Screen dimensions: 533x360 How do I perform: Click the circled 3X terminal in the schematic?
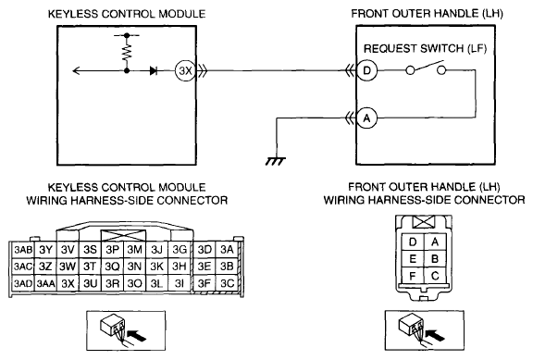(185, 70)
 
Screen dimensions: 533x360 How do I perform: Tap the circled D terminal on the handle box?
(366, 70)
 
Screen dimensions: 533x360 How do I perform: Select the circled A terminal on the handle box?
(366, 118)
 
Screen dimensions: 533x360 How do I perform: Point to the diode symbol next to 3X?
(154, 70)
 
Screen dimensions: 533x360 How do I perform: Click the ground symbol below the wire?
(276, 161)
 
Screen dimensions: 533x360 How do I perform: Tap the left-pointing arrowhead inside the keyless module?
(76, 70)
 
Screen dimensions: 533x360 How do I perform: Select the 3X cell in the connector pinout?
(68, 283)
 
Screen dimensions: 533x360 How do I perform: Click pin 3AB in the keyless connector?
(23, 250)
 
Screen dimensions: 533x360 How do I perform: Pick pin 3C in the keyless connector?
(227, 283)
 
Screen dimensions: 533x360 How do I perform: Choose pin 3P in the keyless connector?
(112, 250)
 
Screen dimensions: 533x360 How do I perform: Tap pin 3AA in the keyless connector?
(45, 283)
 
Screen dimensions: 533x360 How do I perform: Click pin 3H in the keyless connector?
(180, 267)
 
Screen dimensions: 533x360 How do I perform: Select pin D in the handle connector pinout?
(413, 242)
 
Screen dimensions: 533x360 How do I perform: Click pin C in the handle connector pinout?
(435, 276)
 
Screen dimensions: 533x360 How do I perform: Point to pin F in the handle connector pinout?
(413, 276)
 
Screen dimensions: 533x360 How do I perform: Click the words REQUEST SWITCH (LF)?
(426, 49)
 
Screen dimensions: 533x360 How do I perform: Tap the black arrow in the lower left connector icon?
(138, 335)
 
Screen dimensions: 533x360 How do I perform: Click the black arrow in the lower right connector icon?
(436, 335)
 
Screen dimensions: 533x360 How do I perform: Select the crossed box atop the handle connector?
(424, 222)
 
